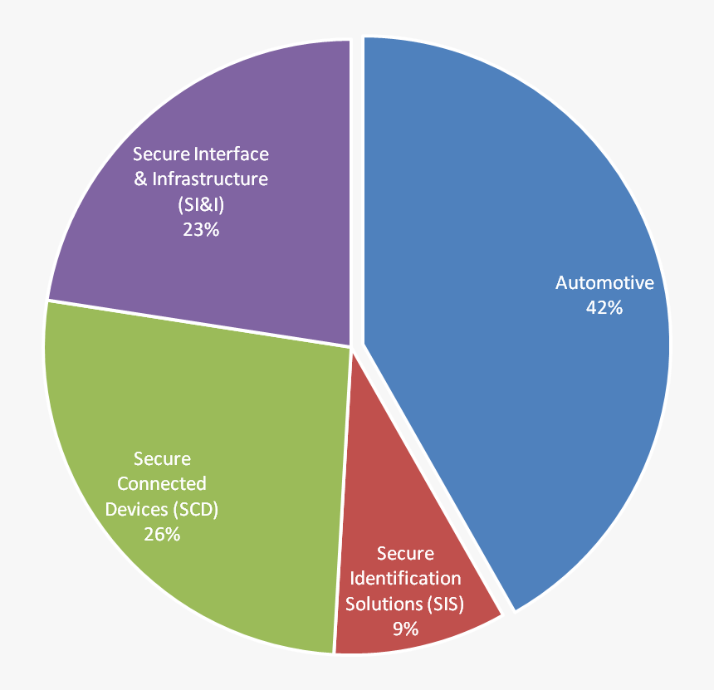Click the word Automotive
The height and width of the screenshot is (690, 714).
click(604, 283)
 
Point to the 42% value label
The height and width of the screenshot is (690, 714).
click(604, 307)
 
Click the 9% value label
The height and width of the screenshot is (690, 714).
click(405, 629)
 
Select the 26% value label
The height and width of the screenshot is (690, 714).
click(161, 534)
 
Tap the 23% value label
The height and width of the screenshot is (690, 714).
click(201, 229)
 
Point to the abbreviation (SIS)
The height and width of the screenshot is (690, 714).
click(447, 604)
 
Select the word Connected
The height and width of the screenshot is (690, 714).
click(161, 484)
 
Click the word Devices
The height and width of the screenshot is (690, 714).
click(134, 509)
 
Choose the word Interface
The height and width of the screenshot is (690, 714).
click(231, 154)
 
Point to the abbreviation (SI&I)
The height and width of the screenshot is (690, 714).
click(201, 204)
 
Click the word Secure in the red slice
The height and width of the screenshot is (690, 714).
click(405, 553)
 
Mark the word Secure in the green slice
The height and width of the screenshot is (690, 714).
click(161, 459)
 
